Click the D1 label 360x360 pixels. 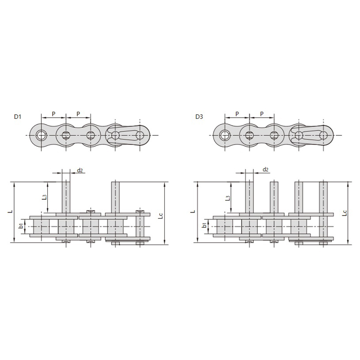coord(18,117)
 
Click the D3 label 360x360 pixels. coord(199,117)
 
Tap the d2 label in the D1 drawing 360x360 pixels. coord(80,170)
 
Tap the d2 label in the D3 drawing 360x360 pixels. coord(265,170)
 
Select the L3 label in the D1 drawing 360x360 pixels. coord(45,197)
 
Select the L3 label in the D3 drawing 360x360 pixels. coord(228,198)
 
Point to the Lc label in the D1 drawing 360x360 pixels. coord(161,216)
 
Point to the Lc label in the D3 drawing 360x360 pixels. coord(344,213)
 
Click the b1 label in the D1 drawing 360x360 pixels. coord(21,226)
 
